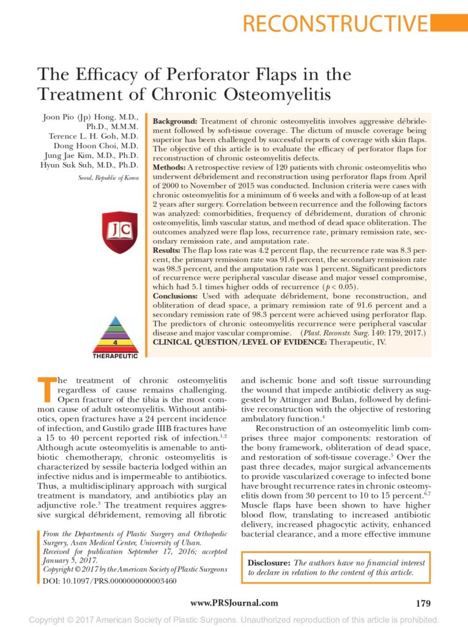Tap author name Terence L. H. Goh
[x=94, y=136]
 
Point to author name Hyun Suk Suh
[x=89, y=165]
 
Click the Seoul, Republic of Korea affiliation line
[x=108, y=178]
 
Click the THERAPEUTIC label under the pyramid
[x=115, y=356]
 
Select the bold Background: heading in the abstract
[x=174, y=122]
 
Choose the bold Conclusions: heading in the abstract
[x=174, y=296]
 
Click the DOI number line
[x=110, y=580]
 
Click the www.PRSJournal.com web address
[x=234, y=603]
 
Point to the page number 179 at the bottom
[x=423, y=603]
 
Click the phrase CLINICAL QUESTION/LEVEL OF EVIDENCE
[x=240, y=342]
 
